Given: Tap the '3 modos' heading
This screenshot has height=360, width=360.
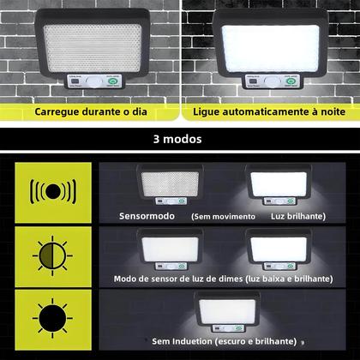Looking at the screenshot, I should [179, 138].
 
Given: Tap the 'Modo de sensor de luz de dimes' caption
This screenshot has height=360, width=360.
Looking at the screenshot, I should [180, 279].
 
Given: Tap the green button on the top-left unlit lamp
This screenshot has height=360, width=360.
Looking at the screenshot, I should [111, 84].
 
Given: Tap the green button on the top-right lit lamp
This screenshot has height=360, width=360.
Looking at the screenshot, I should [290, 83].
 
